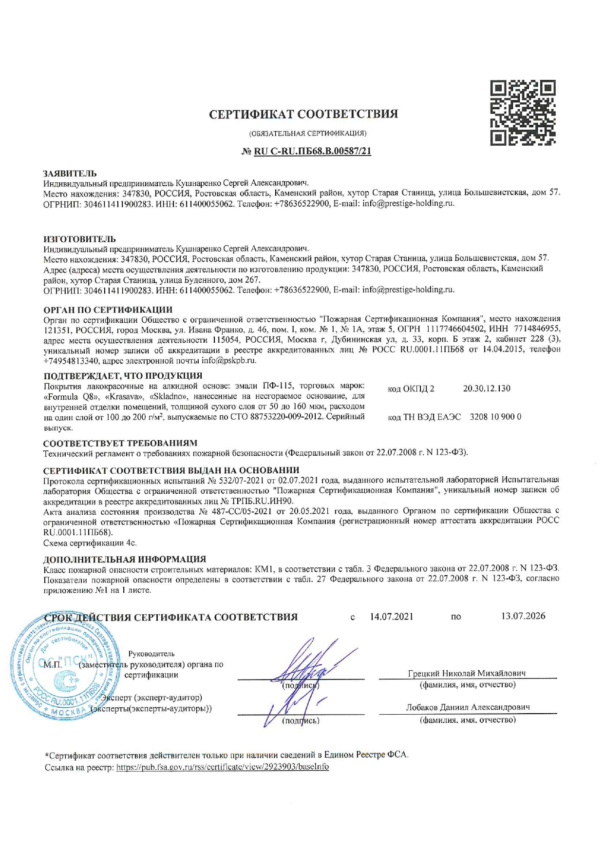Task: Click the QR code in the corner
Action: [523, 114]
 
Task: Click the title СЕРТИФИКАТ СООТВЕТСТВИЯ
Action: [303, 114]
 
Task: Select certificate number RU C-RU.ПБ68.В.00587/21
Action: [312, 152]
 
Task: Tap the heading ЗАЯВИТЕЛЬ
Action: [70, 174]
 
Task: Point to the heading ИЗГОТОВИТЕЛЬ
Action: [80, 239]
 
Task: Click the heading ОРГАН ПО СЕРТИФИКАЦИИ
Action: [108, 310]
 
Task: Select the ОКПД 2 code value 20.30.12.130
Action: [486, 389]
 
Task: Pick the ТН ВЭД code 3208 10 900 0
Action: [495, 417]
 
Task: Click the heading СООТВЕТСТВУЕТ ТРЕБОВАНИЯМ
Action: [120, 443]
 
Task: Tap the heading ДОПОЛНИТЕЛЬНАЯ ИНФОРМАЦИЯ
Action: [125, 559]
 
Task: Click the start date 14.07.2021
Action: [392, 617]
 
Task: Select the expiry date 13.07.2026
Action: [523, 616]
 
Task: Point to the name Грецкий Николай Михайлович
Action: [467, 674]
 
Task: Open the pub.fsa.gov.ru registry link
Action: [222, 767]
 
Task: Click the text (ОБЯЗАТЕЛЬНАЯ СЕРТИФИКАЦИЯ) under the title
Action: [308, 134]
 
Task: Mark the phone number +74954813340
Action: [72, 361]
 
